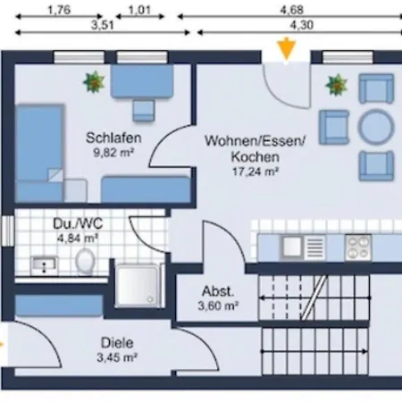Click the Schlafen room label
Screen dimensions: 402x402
(113, 138)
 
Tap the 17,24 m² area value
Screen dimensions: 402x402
(255, 172)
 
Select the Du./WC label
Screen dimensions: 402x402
(78, 223)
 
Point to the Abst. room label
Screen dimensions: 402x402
(218, 291)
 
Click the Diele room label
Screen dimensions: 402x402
(117, 343)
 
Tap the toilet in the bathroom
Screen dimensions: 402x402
(85, 261)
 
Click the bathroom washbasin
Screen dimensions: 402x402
(44, 265)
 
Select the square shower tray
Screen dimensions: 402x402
(138, 285)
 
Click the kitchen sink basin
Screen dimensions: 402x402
(292, 247)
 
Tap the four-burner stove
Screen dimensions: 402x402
(358, 247)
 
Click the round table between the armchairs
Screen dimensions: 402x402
(376, 127)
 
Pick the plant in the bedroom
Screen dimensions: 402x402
(94, 81)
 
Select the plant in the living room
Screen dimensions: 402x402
(337, 85)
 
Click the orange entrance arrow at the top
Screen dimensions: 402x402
(286, 49)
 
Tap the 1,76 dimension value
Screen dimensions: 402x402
(59, 10)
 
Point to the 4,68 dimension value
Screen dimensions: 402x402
(291, 10)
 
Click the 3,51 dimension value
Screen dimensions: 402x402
(102, 25)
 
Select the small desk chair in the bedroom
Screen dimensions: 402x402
(144, 110)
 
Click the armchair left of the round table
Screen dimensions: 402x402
(334, 127)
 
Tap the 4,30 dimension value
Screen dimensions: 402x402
(302, 25)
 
